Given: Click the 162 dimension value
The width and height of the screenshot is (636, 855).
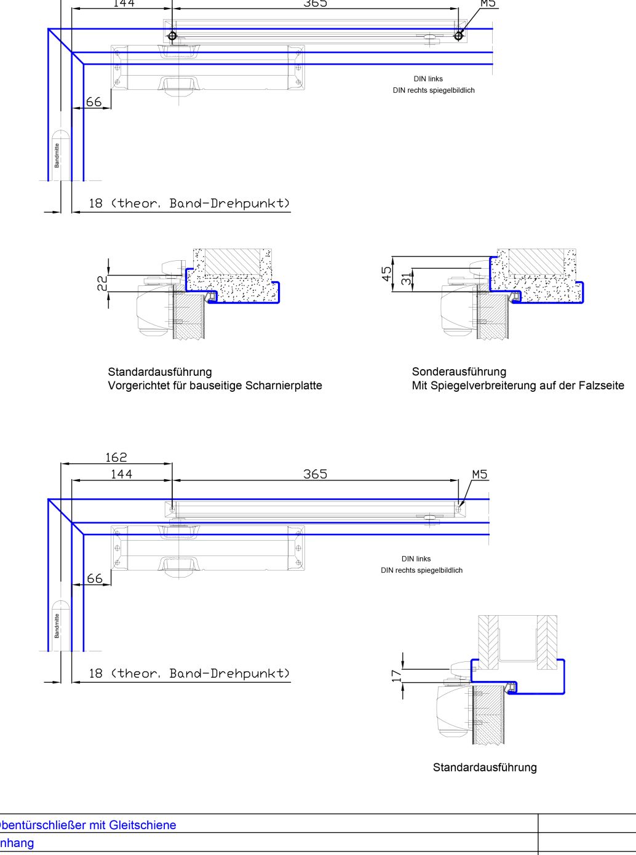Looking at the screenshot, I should point(116,457).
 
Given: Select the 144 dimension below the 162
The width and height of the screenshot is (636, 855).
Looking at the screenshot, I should point(121,474).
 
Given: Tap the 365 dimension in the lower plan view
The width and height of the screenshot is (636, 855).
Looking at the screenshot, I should point(315,474).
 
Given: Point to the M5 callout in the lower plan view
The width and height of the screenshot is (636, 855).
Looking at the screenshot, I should point(480,474).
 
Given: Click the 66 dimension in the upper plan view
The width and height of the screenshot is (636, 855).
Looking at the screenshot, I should point(93,101).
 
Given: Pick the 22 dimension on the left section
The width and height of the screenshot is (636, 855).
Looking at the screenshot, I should point(103,283).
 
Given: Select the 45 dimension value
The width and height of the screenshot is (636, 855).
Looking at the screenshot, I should point(387,274).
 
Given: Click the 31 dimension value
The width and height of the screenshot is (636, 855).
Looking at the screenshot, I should point(406,279).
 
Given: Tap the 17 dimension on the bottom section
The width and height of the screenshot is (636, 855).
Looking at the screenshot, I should point(397,675).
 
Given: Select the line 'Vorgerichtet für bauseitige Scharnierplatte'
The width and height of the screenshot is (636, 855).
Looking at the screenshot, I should point(215,386).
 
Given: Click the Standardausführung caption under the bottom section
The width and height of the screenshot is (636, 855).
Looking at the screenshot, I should point(485,767).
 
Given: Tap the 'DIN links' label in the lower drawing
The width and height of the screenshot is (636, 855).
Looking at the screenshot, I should point(416,559).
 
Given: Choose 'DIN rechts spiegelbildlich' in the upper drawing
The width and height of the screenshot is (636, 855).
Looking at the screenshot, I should point(434,90).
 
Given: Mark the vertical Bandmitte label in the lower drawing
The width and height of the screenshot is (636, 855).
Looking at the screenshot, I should point(57,625).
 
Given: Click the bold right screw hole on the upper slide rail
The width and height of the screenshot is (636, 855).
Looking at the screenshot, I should point(458,36).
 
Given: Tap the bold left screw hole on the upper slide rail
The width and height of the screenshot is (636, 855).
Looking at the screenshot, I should point(173,36).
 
